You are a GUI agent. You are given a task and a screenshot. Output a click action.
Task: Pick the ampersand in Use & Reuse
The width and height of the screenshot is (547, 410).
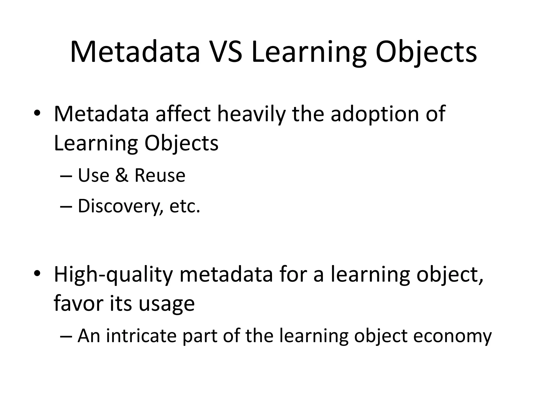pos(122,175)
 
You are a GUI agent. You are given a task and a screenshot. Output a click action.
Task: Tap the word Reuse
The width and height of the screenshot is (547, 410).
pos(159,175)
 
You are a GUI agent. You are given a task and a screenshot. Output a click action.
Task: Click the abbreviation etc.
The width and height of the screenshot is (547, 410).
pos(185,206)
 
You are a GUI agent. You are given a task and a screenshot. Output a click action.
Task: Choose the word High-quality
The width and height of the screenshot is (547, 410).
pos(114,275)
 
